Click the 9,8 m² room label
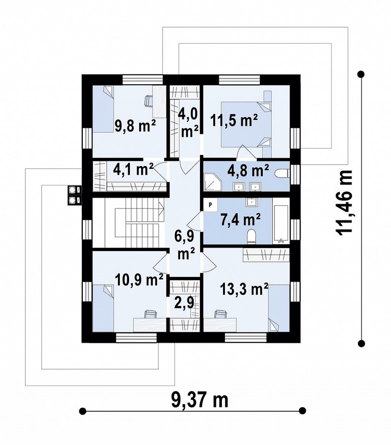[135, 126]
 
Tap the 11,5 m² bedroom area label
[234, 120]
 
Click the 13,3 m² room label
[244, 290]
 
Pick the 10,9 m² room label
[139, 280]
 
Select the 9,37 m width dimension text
[200, 400]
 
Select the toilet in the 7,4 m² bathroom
[251, 237]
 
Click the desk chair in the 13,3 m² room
[220, 314]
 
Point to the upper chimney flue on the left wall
[73, 189]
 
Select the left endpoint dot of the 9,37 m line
[82, 411]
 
